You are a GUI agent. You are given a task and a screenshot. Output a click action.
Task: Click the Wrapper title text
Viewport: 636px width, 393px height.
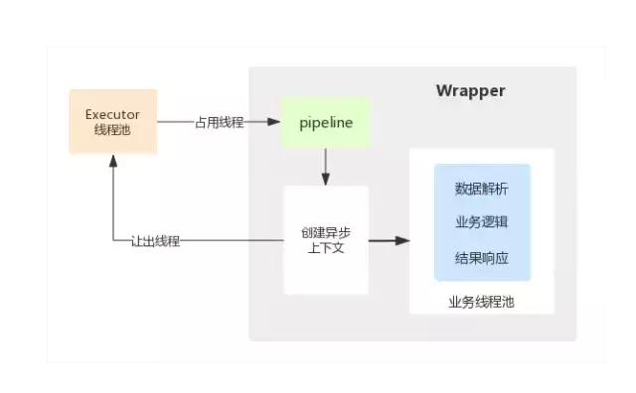pos(470,91)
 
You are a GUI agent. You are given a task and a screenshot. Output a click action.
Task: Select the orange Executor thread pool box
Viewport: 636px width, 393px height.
pos(112,122)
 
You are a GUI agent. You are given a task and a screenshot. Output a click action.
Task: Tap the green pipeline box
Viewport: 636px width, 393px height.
pos(326,122)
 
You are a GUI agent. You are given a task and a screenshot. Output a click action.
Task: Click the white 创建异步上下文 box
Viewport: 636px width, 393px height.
pos(326,240)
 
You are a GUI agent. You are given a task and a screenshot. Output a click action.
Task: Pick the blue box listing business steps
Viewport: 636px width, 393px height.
pos(482,222)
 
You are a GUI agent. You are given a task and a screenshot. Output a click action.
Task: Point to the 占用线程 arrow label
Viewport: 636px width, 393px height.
pos(221,122)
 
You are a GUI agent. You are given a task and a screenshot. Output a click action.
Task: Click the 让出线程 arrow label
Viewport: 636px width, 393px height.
pos(155,241)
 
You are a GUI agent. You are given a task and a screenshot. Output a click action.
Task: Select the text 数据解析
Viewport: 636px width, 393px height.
pos(482,189)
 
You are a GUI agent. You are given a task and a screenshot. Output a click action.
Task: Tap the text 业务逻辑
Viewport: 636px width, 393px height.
pos(482,222)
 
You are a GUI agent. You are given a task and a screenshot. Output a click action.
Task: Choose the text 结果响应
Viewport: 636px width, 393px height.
pos(482,256)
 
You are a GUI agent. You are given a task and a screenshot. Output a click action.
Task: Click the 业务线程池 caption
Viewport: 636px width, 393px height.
pos(482,301)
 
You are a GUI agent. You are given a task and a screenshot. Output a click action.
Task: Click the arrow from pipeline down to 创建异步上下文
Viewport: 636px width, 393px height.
pos(326,167)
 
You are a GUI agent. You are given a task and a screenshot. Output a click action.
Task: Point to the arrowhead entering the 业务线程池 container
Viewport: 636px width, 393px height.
pos(402,240)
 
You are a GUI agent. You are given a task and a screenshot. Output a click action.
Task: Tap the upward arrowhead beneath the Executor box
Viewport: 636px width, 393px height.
pos(112,162)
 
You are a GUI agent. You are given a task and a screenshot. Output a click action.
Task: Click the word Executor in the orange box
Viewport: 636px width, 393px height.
pos(112,114)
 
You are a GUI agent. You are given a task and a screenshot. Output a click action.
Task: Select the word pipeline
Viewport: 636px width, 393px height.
pos(326,122)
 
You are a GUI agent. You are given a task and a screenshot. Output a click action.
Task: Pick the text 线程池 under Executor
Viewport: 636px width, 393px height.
pos(112,131)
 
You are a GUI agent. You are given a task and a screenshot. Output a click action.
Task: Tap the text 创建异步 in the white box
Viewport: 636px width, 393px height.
pos(326,232)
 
